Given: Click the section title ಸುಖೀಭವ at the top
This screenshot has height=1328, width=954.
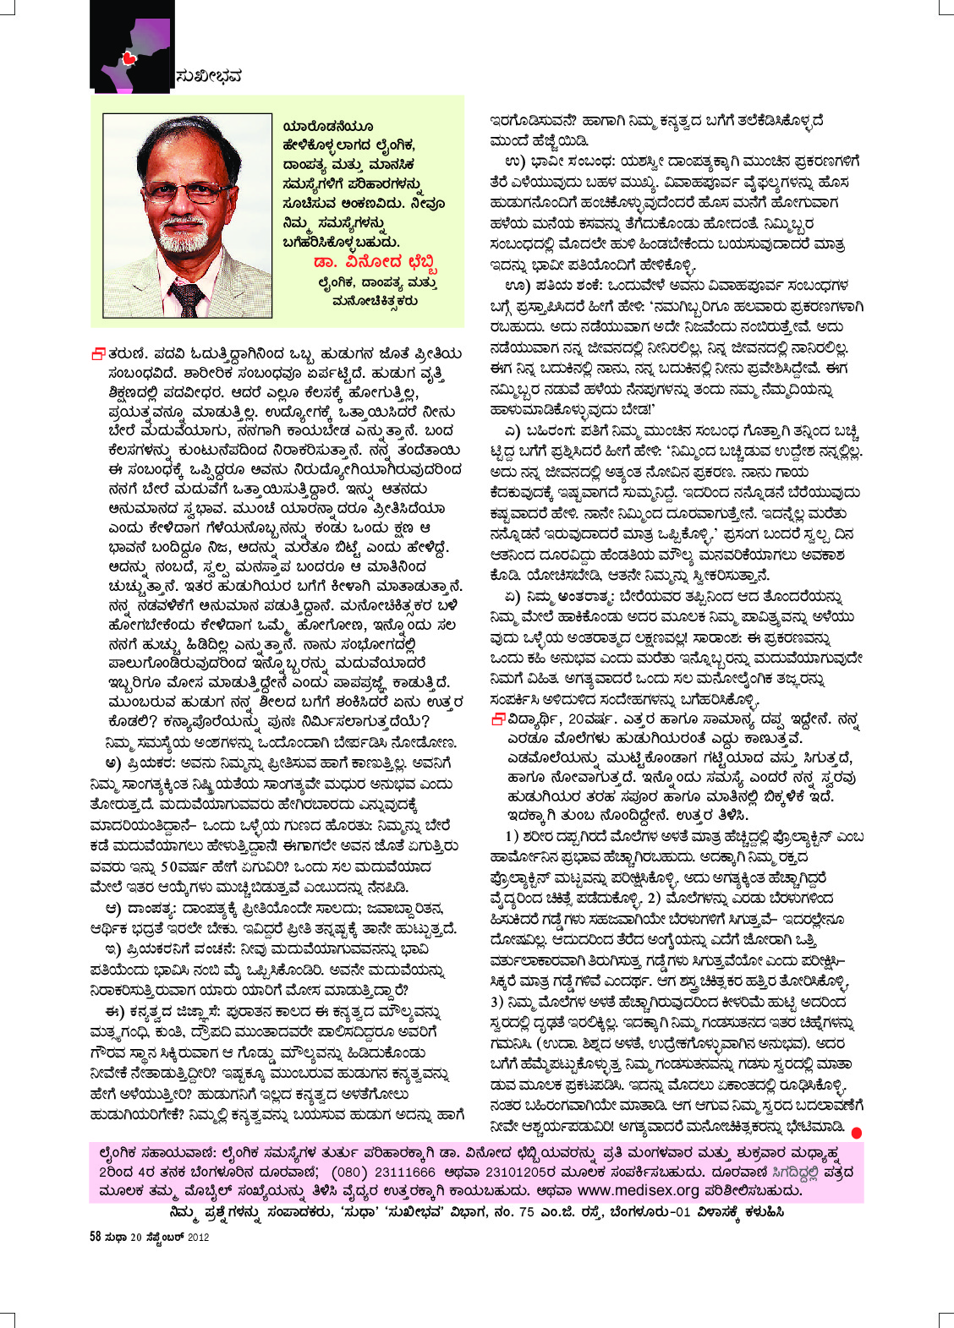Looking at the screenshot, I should (x=209, y=77).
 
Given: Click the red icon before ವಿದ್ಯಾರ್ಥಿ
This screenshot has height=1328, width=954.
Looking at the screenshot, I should (x=499, y=719).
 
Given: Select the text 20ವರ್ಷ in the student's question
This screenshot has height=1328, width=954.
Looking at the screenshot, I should (x=586, y=719).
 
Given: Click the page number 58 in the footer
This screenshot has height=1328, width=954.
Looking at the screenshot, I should (x=96, y=1237).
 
